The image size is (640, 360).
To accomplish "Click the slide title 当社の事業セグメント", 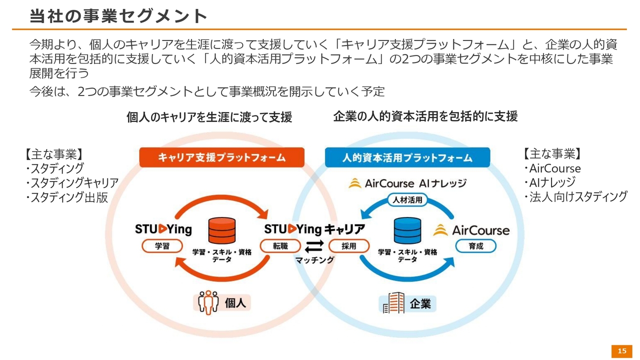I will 118,16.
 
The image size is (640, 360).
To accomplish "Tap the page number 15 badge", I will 622,351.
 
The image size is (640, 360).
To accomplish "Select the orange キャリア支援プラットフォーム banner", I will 221,157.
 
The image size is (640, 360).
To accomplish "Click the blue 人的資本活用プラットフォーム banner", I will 407,158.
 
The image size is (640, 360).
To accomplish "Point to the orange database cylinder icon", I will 222,231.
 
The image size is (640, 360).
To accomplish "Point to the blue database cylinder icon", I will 407,231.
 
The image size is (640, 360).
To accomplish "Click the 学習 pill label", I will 162,246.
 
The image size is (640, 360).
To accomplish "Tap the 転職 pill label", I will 280,246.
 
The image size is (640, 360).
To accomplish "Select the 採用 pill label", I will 349,246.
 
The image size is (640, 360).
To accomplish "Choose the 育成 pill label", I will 476,246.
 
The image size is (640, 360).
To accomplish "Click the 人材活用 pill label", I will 407,200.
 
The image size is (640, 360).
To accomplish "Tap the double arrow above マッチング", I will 314,246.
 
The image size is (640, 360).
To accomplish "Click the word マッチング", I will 314,260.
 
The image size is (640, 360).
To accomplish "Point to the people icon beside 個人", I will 208,302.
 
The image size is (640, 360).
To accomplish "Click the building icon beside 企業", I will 393,302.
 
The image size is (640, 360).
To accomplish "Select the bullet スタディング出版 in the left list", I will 67,197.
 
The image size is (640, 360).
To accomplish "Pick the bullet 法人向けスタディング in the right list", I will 575,196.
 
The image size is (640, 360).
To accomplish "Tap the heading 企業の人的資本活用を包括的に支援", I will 425,116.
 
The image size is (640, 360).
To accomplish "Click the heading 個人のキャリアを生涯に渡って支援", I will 209,117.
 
